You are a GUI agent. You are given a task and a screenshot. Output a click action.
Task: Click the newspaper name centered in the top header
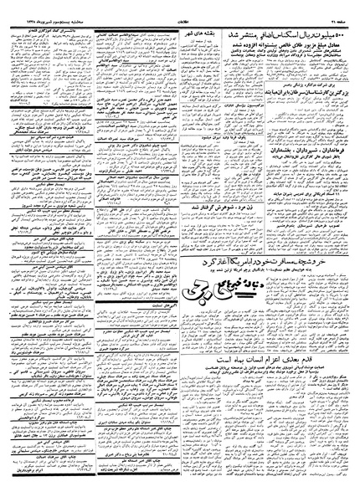click(x=183, y=8)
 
